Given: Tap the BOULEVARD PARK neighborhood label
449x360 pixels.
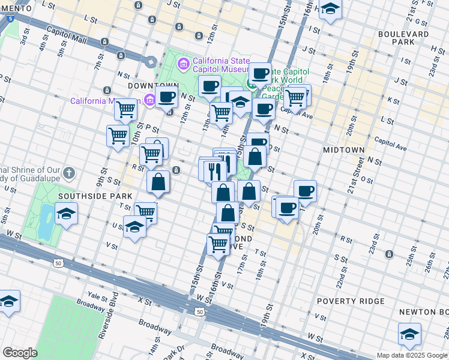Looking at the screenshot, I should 403,38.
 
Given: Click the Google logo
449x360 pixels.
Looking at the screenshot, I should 20,352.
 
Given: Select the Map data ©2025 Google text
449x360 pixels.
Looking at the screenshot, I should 412,355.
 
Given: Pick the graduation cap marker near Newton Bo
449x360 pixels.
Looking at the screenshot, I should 409,334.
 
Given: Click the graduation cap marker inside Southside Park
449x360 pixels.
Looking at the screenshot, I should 66,213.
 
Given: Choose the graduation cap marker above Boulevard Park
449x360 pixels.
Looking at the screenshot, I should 330,8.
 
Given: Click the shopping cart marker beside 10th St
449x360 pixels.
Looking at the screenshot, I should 118,135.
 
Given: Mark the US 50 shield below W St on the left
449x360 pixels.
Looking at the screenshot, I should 58,263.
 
